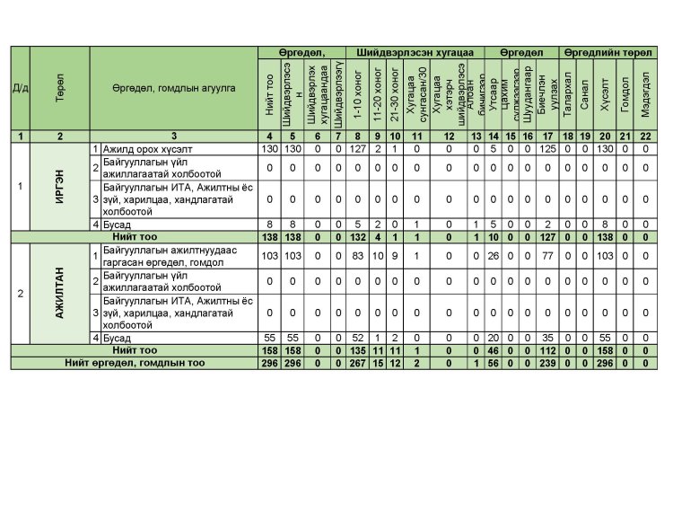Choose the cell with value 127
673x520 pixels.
358,147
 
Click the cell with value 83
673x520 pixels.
358,256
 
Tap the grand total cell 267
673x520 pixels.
358,363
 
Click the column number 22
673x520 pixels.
644,136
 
